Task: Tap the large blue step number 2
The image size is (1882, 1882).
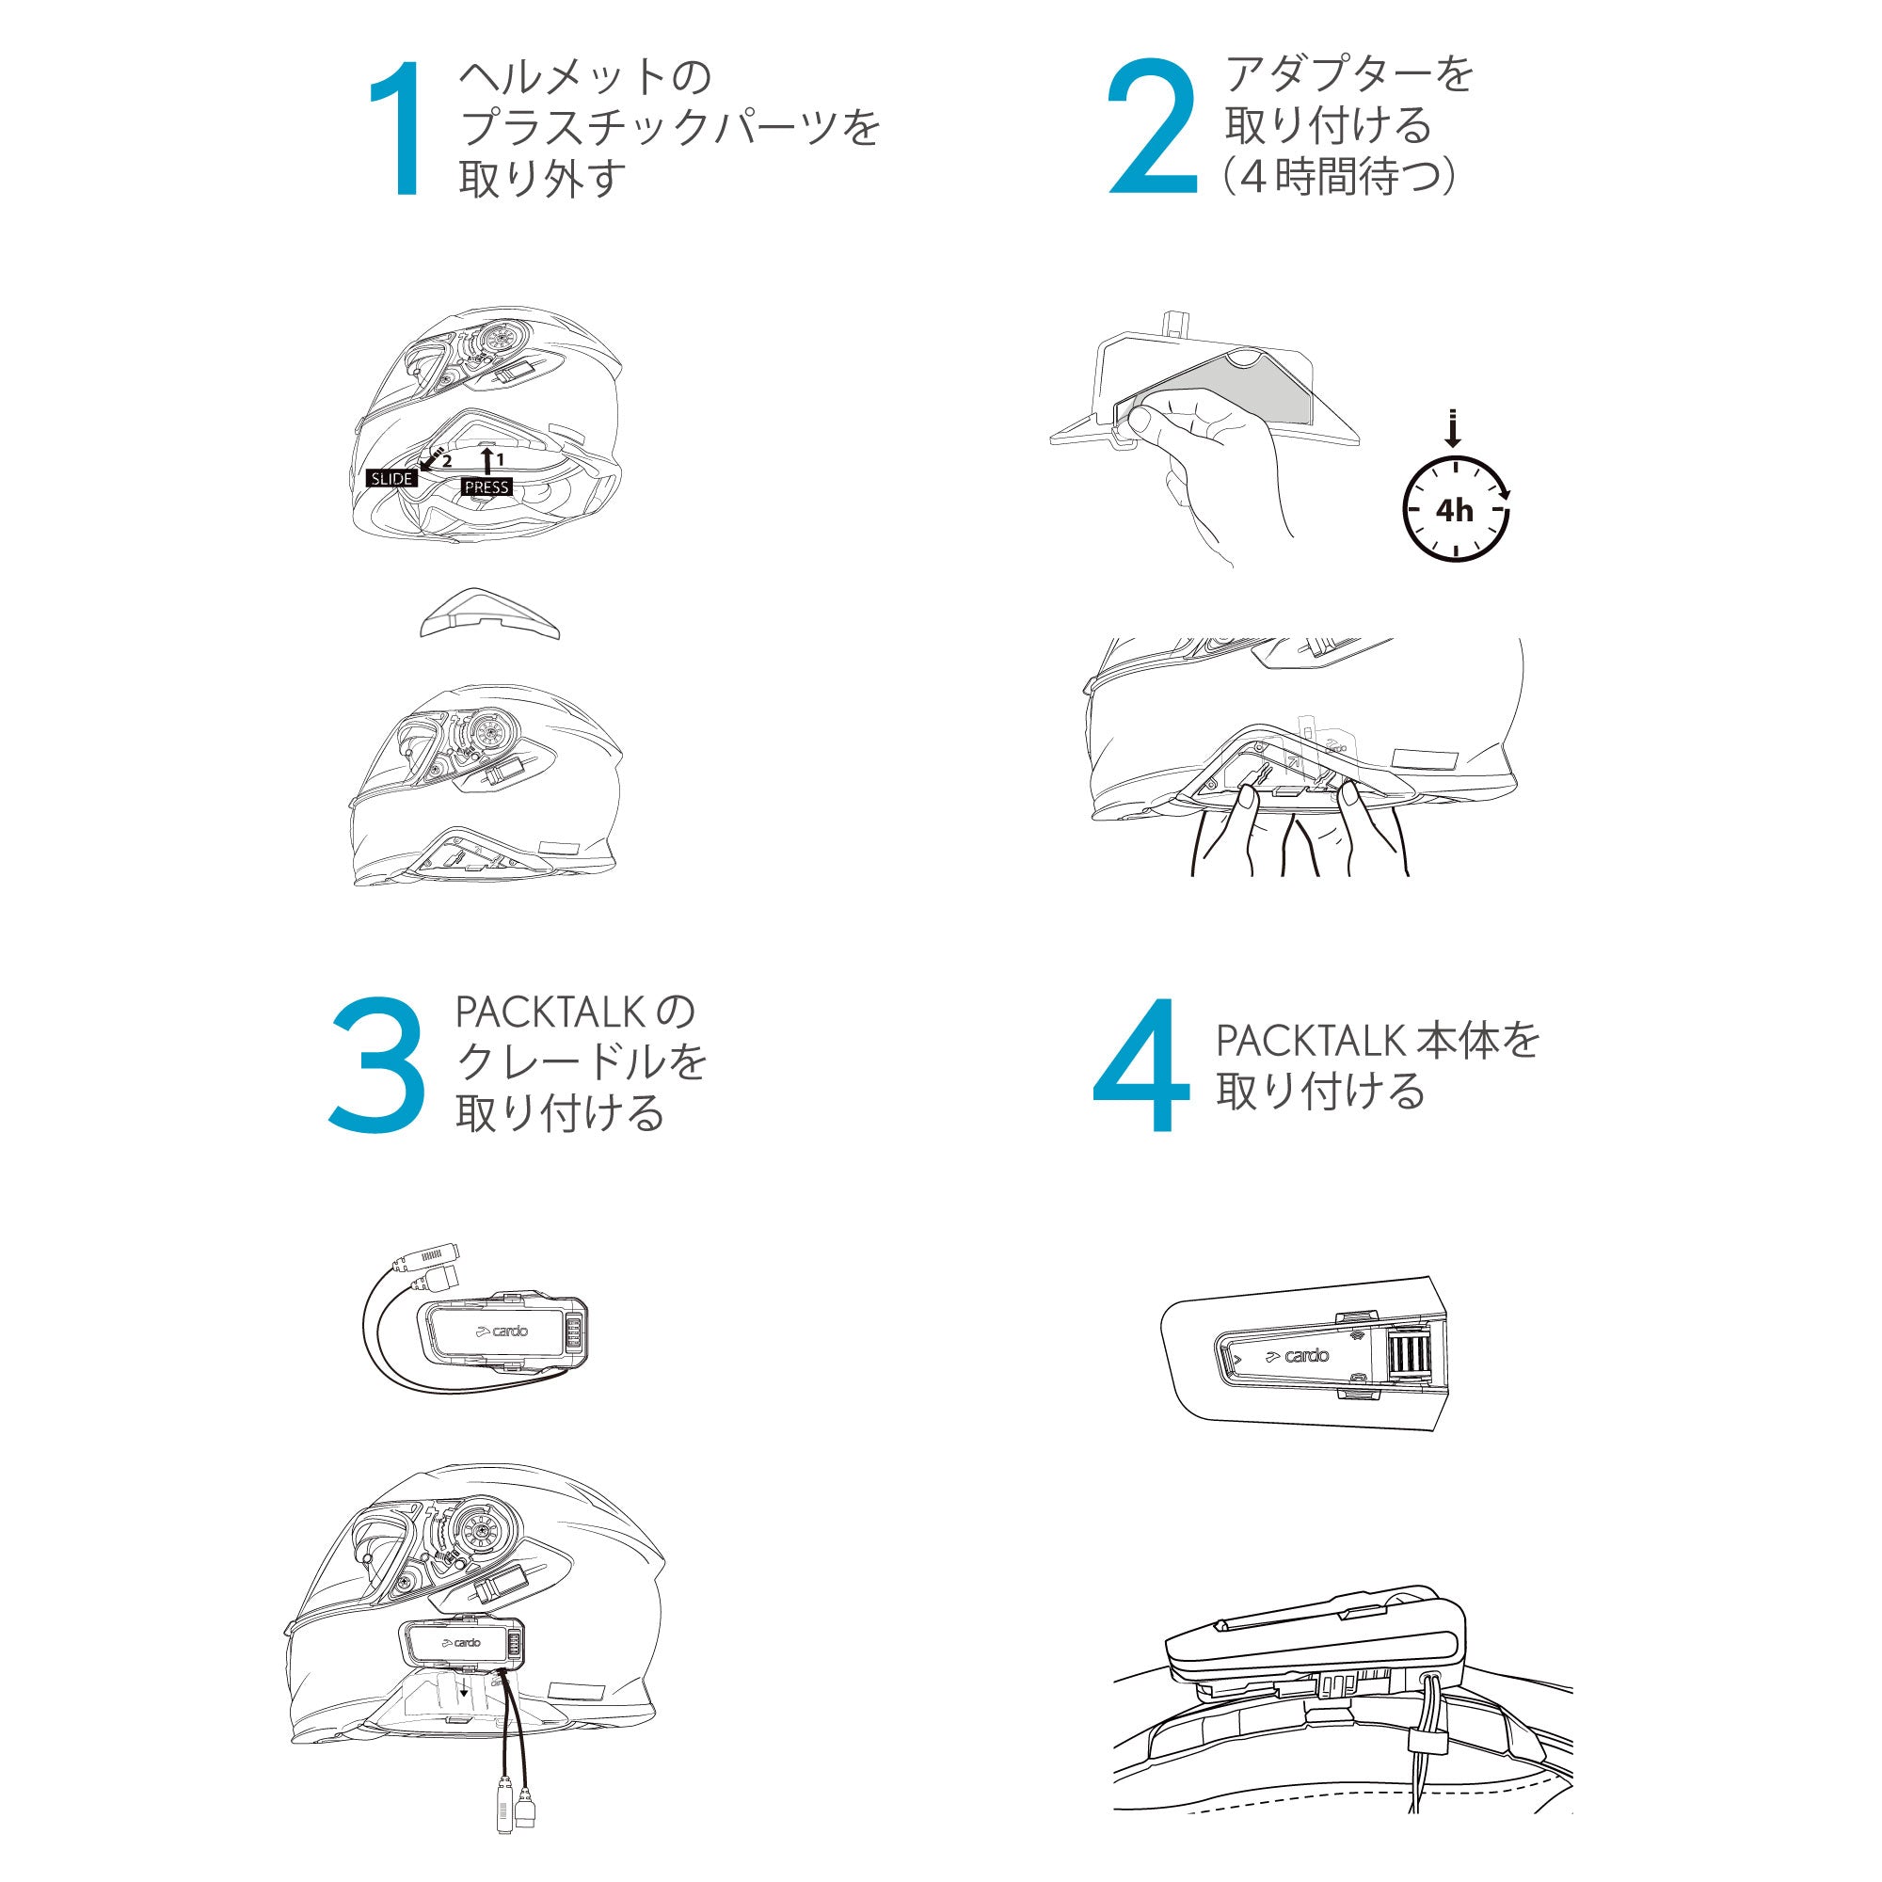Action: (x=1154, y=127)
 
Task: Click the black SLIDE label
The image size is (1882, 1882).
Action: (x=391, y=478)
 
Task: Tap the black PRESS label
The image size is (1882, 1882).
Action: (x=487, y=487)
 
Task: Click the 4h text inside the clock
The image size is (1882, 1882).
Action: (x=1456, y=509)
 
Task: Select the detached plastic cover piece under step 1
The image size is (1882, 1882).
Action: (x=490, y=613)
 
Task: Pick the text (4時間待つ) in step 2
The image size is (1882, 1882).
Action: (x=1340, y=177)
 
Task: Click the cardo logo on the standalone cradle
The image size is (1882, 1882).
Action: (x=502, y=1331)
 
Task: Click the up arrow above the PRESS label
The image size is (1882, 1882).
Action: (x=486, y=460)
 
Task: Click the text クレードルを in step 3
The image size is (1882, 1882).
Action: (x=582, y=1062)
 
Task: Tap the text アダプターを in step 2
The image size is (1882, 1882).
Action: (x=1349, y=75)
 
